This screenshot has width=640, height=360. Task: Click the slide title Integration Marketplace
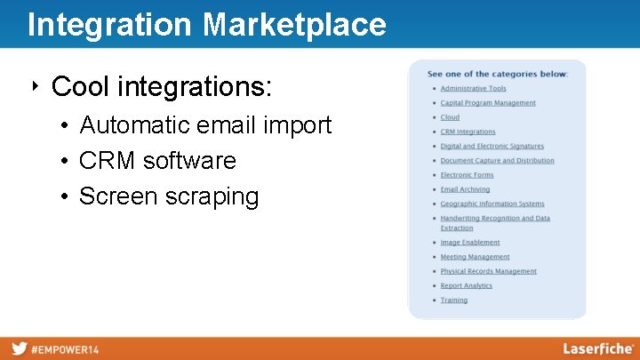[x=206, y=24]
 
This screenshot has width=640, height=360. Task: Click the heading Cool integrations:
[x=162, y=87]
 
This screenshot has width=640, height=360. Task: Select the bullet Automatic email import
[x=204, y=125]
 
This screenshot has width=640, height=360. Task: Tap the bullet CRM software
[x=157, y=161]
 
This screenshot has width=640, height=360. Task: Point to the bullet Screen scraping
[x=169, y=196]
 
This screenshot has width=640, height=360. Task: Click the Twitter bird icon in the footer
[x=19, y=349]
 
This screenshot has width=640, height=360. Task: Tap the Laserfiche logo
[x=597, y=348]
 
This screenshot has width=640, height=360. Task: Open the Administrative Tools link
[x=473, y=89]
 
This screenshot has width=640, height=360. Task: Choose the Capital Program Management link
[x=488, y=103]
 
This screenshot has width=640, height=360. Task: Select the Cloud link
[x=450, y=117]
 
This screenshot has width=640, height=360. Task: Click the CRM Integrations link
[x=468, y=132]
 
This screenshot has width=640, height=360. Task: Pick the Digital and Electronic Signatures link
[x=492, y=147]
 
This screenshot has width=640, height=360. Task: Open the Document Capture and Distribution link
[x=497, y=161]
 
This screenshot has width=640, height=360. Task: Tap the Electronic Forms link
[x=467, y=175]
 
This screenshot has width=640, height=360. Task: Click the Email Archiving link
[x=465, y=189]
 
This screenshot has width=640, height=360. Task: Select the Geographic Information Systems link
[x=492, y=204]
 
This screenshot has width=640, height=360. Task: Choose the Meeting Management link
[x=475, y=257]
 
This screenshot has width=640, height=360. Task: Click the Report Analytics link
[x=466, y=286]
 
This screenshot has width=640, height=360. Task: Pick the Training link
[x=453, y=300]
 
